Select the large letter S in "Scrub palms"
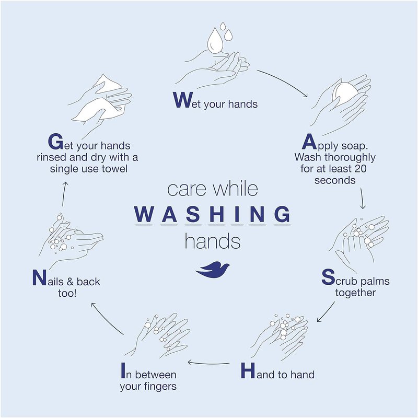point(328,277)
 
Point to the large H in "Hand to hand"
point(248,370)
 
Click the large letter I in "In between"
point(123,370)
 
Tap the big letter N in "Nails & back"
point(39,277)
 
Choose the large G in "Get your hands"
point(56,142)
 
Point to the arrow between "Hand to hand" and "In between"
point(208,363)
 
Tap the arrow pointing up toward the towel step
point(64,194)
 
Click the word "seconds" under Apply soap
point(335,180)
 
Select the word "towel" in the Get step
point(114,169)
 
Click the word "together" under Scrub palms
point(355,293)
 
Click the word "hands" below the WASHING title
point(213,241)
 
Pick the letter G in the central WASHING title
point(282,214)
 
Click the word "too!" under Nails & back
point(67,293)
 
